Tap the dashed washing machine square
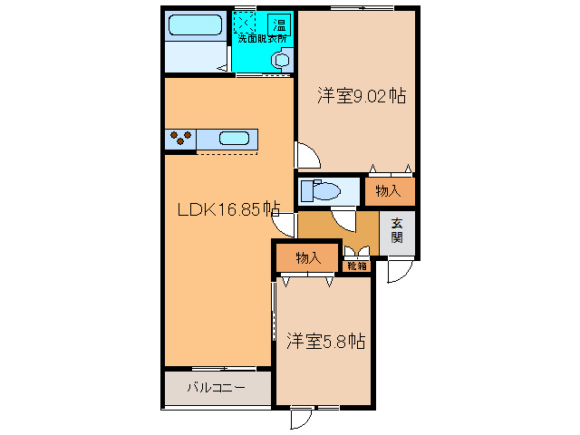point(246,22)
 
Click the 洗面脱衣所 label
point(262,39)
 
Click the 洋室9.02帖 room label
point(360,94)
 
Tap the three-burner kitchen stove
point(180,139)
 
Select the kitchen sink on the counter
point(235,139)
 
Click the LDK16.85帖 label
point(227,210)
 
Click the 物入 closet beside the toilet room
point(388,191)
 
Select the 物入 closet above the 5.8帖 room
point(308,257)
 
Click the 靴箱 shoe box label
point(357,266)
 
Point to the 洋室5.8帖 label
point(325,342)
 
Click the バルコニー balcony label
point(216,388)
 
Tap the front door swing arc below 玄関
point(399,269)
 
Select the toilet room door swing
point(343,217)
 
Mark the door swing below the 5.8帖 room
point(302,419)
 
